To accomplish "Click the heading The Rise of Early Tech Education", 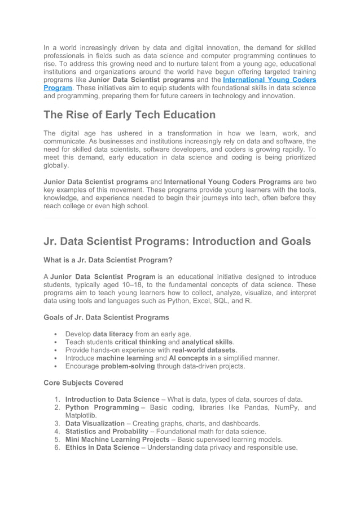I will [x=129, y=115].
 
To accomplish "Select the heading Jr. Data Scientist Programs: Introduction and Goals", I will [x=177, y=241].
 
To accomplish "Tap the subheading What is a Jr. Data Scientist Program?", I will [x=108, y=260].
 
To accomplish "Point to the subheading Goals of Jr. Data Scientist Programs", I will [x=106, y=317].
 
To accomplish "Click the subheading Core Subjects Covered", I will [x=83, y=383].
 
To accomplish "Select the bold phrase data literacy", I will [x=113, y=334].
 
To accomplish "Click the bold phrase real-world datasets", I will [x=203, y=350].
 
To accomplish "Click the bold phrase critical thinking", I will [x=141, y=342].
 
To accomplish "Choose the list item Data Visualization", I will [x=95, y=423].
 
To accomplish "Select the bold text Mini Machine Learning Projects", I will [x=117, y=439].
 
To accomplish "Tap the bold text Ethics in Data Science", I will [x=102, y=447].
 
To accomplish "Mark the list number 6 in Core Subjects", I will [x=58, y=447].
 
